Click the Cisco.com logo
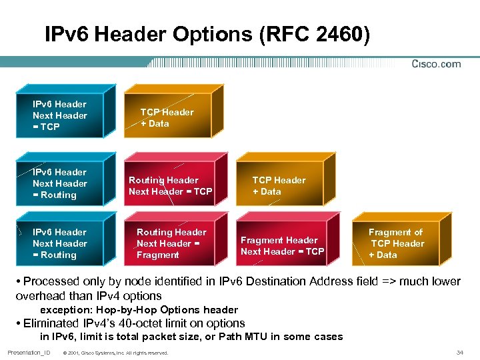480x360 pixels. [x=436, y=64]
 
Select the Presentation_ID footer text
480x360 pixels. [x=29, y=352]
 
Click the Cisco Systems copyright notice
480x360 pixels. [x=115, y=353]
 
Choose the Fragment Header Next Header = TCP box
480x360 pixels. [x=282, y=246]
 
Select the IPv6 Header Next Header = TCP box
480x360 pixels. [x=60, y=115]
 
